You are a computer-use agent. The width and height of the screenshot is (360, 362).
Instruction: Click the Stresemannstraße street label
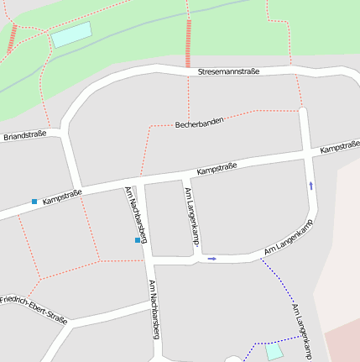pos(228,72)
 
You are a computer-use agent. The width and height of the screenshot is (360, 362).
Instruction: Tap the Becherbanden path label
pos(199,123)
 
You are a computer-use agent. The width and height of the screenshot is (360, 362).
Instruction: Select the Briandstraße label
pos(25,134)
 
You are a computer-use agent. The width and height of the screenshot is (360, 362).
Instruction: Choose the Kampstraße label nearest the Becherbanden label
pos(217,169)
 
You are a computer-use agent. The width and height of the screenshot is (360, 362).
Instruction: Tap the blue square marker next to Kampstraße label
pos(34,202)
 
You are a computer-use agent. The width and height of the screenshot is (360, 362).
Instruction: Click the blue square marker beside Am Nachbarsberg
pos(138,241)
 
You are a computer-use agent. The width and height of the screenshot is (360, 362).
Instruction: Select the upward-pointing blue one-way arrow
pos(311,186)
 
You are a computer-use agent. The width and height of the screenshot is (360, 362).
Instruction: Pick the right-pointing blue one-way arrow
pos(212,259)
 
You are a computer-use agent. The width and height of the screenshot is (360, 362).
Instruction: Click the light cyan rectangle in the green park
pos(71,35)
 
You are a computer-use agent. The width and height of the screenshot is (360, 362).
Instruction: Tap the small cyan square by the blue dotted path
pos(274,352)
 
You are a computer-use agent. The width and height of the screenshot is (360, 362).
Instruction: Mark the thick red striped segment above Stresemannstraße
pos(188,42)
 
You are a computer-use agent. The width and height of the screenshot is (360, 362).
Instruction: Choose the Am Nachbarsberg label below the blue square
pos(154,308)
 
